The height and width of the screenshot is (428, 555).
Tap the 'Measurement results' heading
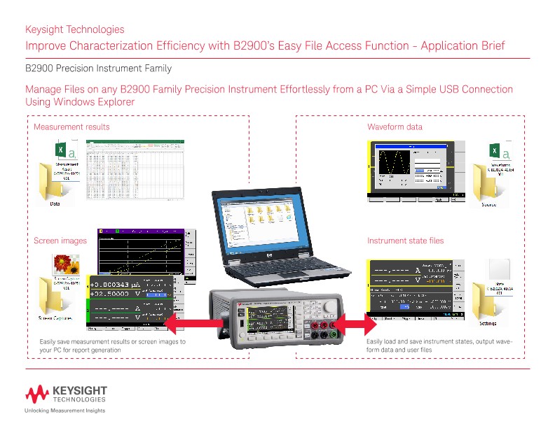[71, 127]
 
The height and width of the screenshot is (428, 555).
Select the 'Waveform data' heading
[395, 127]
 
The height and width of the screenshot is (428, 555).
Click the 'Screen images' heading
[60, 241]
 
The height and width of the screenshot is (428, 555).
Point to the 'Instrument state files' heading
[406, 241]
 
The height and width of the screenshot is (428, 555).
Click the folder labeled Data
[55, 183]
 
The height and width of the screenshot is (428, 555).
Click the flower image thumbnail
[65, 264]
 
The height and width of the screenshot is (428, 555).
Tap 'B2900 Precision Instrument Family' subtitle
[98, 69]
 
